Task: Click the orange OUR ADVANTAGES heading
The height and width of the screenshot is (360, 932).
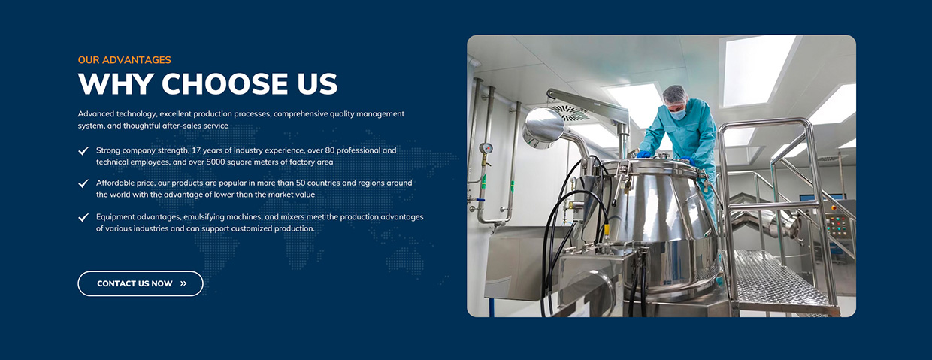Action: pos(125,60)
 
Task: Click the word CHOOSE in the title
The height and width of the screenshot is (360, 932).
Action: pos(224,83)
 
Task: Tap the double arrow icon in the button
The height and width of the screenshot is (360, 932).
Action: pos(183,283)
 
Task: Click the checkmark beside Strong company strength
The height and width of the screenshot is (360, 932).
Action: pos(83,150)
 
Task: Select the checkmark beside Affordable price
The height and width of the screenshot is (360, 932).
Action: pos(83,183)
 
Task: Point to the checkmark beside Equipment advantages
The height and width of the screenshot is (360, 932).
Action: pos(83,217)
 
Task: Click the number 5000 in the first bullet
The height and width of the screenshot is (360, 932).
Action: pos(216,162)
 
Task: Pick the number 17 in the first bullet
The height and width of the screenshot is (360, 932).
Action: pos(196,150)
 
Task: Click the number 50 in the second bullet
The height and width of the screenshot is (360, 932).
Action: pos(301,183)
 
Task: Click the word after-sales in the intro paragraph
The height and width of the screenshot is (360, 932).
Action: pos(183,126)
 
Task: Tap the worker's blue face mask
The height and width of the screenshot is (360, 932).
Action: pos(677,113)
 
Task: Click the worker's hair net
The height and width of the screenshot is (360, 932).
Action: pos(674,95)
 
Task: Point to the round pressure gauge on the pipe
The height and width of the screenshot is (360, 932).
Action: pos(486,148)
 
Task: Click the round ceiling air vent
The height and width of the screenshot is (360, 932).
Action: pos(570,111)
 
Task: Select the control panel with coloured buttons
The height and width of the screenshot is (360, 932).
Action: pos(838,225)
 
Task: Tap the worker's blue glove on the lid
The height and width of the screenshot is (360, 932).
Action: pos(643,154)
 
